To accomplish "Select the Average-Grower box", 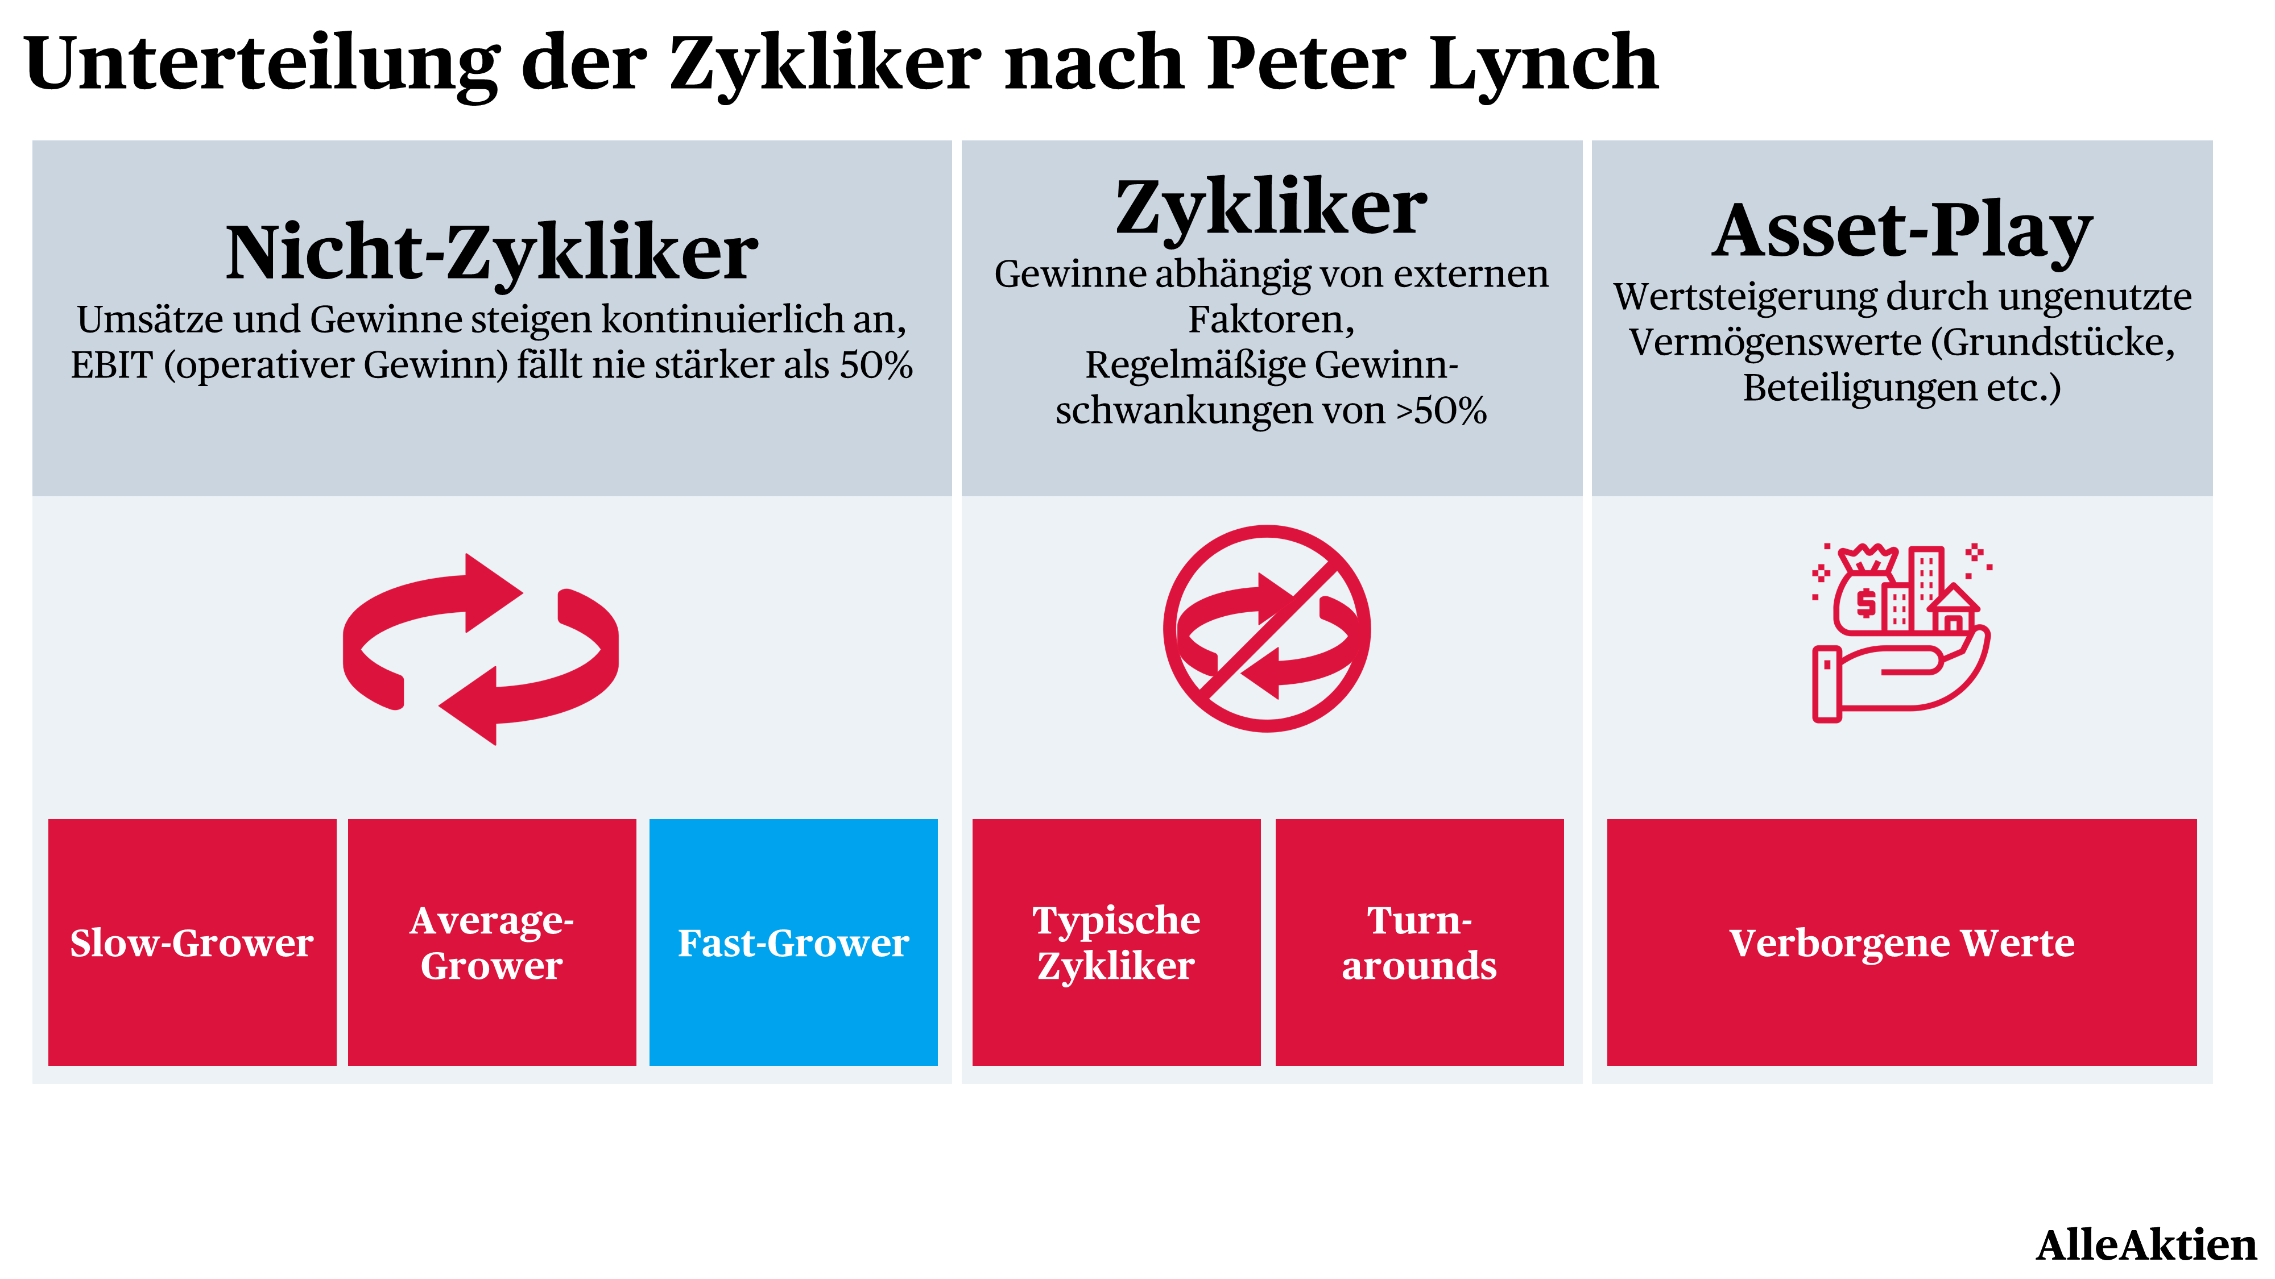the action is (492, 942).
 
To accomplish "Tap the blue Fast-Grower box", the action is (793, 942).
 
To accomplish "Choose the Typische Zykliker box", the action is (1116, 942).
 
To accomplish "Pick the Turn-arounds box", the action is (1419, 942).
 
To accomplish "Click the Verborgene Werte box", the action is (1901, 942).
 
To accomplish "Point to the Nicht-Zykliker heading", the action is (492, 254).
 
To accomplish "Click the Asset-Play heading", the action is (1902, 231).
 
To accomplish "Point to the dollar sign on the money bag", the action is (1866, 603).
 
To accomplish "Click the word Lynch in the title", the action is (1544, 64).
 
